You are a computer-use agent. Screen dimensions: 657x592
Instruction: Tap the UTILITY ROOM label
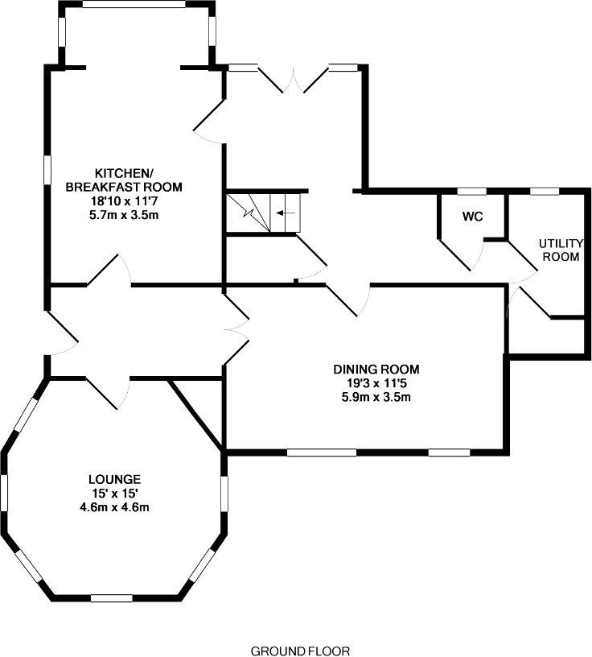tap(559, 250)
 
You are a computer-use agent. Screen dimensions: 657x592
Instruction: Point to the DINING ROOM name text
tap(377, 370)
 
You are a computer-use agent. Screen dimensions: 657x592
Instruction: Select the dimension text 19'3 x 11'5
tap(377, 383)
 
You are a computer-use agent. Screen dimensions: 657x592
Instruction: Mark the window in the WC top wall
tap(471, 191)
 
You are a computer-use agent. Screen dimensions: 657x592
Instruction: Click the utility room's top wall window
tap(545, 191)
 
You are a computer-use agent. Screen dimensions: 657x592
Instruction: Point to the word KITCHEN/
tap(123, 173)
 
